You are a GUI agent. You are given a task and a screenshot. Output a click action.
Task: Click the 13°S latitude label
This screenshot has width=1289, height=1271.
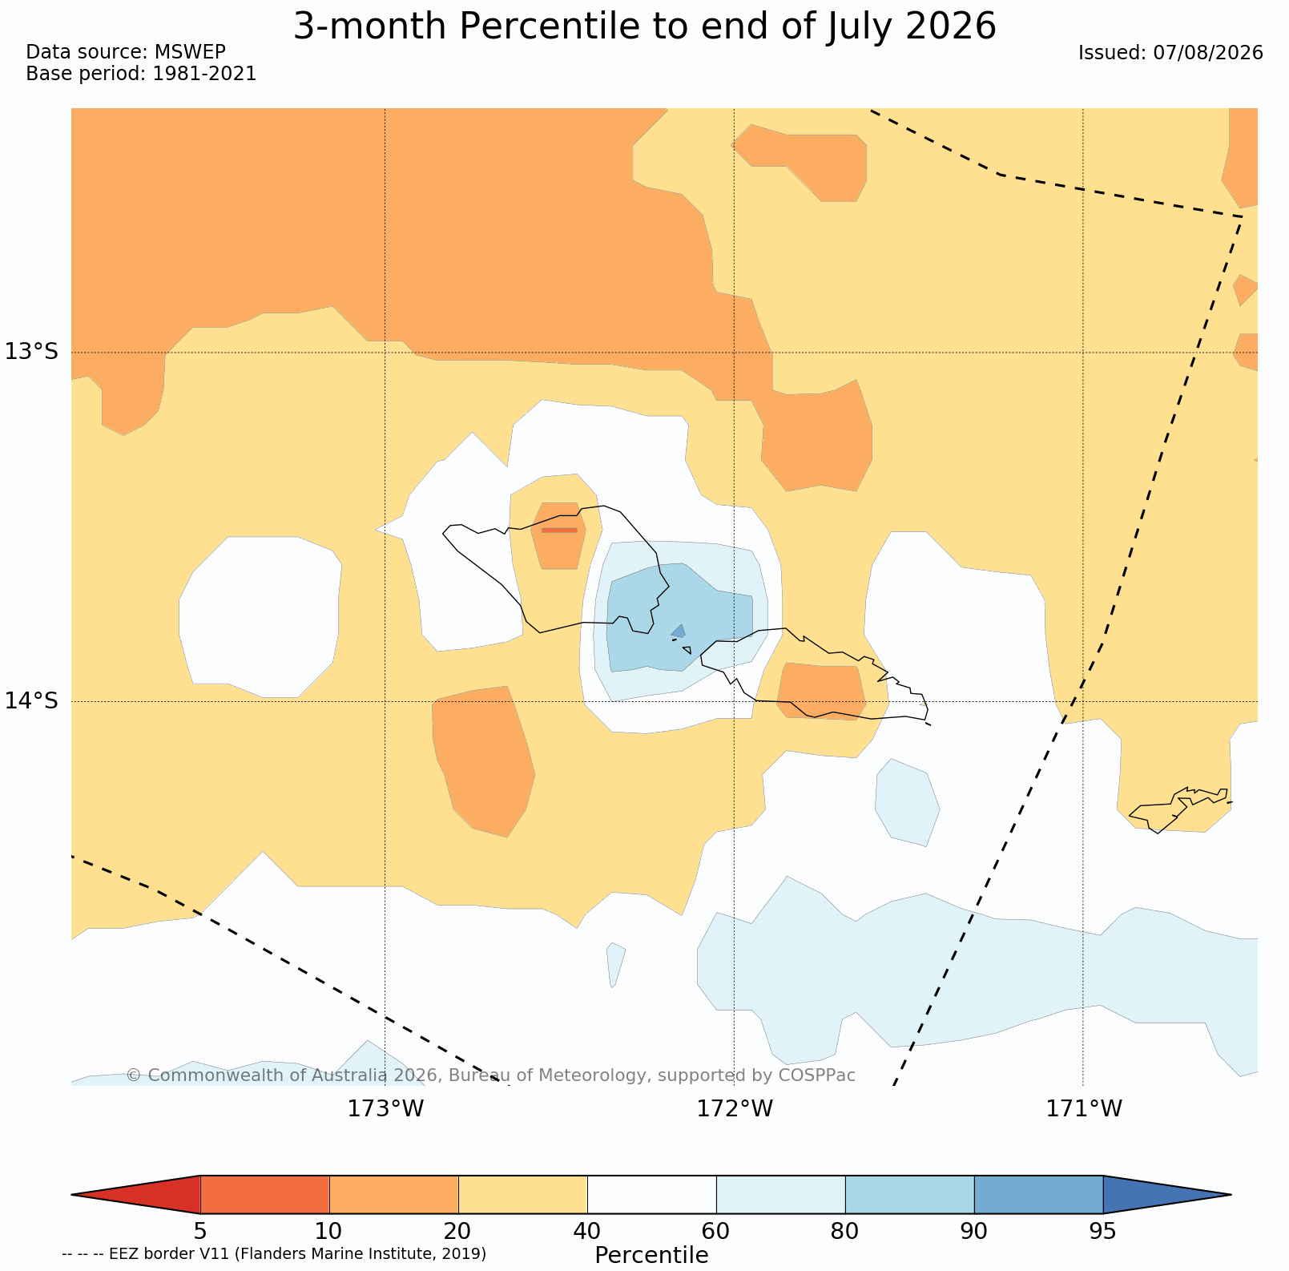(x=32, y=352)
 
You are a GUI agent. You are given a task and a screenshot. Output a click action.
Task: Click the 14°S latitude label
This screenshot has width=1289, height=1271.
(x=32, y=701)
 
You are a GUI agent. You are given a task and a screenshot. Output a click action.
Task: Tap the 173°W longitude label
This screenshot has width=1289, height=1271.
(x=385, y=1109)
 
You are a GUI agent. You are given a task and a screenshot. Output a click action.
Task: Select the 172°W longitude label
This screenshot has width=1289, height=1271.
(x=735, y=1109)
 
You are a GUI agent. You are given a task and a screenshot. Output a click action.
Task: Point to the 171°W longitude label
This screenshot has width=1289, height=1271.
(x=1084, y=1109)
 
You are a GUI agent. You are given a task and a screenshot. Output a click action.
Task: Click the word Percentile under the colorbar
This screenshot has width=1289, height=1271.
(x=651, y=1255)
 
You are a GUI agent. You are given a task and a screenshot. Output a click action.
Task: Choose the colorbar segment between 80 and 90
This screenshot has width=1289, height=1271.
(x=909, y=1195)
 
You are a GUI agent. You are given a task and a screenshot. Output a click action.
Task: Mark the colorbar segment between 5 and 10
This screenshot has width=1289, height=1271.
(x=265, y=1195)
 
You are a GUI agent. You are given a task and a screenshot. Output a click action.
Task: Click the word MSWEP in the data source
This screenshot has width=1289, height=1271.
(x=190, y=52)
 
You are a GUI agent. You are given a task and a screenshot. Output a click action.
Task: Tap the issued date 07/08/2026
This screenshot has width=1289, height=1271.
(x=1208, y=53)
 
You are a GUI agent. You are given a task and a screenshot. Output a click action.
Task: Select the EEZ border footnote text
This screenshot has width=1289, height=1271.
(x=274, y=1253)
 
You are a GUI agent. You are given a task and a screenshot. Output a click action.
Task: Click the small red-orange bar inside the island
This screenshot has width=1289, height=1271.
(x=559, y=530)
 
